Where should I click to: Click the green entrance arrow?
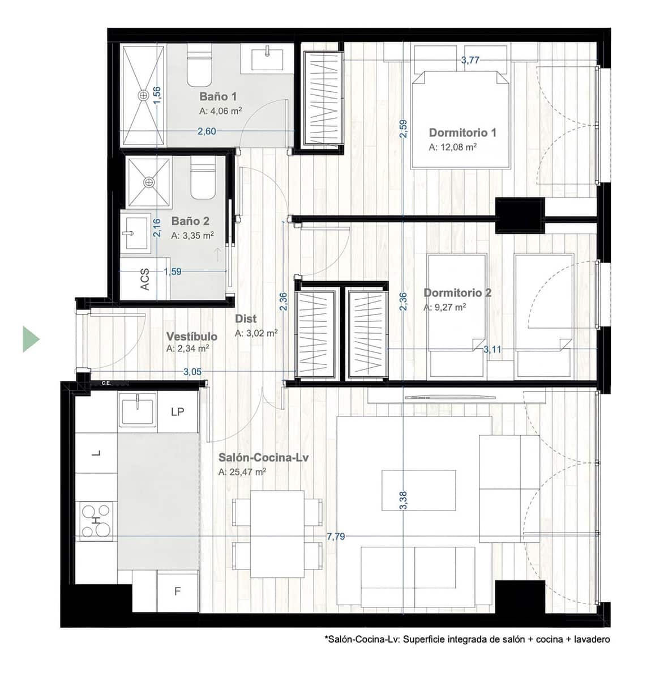31,339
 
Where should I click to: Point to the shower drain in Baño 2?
148,182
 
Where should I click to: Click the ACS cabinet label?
145,279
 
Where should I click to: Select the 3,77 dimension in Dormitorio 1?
470,60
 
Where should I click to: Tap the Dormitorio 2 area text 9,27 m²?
445,307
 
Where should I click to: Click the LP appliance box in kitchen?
177,412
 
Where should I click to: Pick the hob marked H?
96,520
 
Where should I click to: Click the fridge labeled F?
177,592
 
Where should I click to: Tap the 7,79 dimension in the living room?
336,536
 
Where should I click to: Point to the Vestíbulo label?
191,337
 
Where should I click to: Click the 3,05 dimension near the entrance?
192,372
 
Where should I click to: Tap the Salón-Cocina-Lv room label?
263,457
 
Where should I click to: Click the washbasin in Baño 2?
135,232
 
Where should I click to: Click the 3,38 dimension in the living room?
403,500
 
